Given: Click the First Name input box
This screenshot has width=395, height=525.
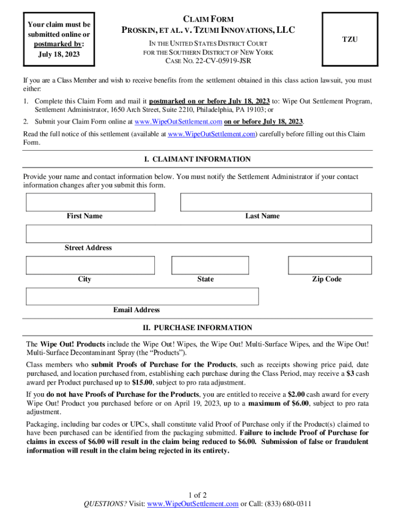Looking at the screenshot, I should coord(90,202).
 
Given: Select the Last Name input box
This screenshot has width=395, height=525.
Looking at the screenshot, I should coord(276,202).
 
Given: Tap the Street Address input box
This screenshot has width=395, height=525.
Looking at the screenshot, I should coord(199,234).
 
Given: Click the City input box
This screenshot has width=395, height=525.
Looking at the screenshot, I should coord(90,266).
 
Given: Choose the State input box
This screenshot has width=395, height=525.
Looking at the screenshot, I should coord(210,266).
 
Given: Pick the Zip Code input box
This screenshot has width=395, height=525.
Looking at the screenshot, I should coord(329,266).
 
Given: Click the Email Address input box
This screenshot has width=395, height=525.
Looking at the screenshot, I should coord(143,296).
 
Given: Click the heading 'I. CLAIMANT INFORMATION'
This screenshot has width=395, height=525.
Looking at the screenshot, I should coord(197,159).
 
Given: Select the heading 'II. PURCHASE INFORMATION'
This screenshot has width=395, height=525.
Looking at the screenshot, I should coord(197,328).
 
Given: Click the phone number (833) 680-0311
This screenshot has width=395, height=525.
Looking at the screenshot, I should coord(288,503).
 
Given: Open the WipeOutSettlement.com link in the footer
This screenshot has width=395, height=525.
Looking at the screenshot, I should coord(192,503).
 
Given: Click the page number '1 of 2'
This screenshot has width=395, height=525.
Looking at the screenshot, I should coord(197,495).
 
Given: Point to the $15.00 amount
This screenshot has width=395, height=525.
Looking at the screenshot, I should coord(141,383).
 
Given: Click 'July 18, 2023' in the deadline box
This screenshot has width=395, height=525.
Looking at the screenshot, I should coord(59,54).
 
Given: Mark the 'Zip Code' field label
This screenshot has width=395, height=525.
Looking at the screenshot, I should coord(327,279).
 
